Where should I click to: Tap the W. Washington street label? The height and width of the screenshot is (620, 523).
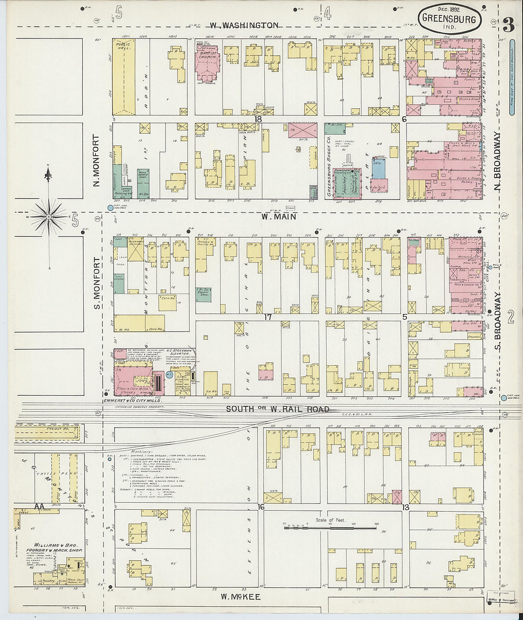[243, 25]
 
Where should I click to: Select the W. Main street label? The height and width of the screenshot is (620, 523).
[279, 217]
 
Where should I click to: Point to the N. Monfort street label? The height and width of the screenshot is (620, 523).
[97, 160]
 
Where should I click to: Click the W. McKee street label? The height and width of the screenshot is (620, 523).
[241, 596]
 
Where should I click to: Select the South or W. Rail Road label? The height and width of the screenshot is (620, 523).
[277, 409]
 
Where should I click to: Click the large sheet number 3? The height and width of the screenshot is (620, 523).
[508, 25]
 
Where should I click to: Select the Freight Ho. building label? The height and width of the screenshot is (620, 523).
[56, 429]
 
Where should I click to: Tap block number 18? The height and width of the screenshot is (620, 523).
[258, 119]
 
